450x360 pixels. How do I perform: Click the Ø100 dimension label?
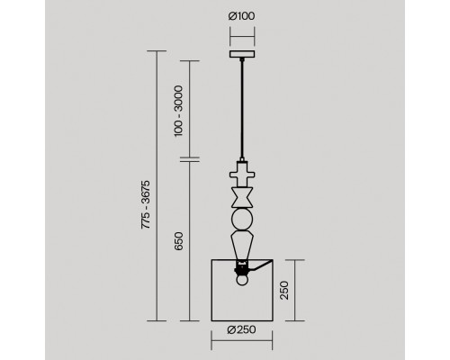[x=242, y=16]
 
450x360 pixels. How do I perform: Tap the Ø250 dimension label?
[x=242, y=329]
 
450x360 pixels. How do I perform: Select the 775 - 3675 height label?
[x=146, y=204]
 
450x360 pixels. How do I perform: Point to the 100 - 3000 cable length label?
[x=178, y=111]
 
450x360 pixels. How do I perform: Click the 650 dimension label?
[x=178, y=241]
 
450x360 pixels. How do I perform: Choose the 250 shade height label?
[x=283, y=290]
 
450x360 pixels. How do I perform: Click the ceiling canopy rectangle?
[x=242, y=54]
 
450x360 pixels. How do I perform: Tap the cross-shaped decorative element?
[x=242, y=175]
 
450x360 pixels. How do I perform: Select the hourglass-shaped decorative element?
[x=242, y=197]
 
